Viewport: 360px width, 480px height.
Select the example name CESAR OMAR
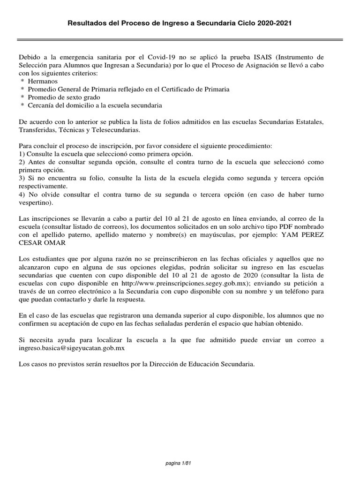pyautogui.click(x=43, y=243)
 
